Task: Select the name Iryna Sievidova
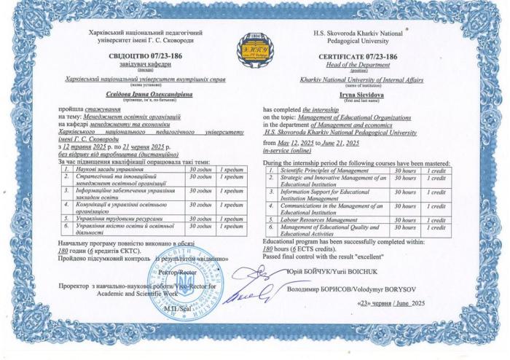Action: click(x=342, y=95)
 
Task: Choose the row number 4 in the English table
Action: click(x=270, y=208)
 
